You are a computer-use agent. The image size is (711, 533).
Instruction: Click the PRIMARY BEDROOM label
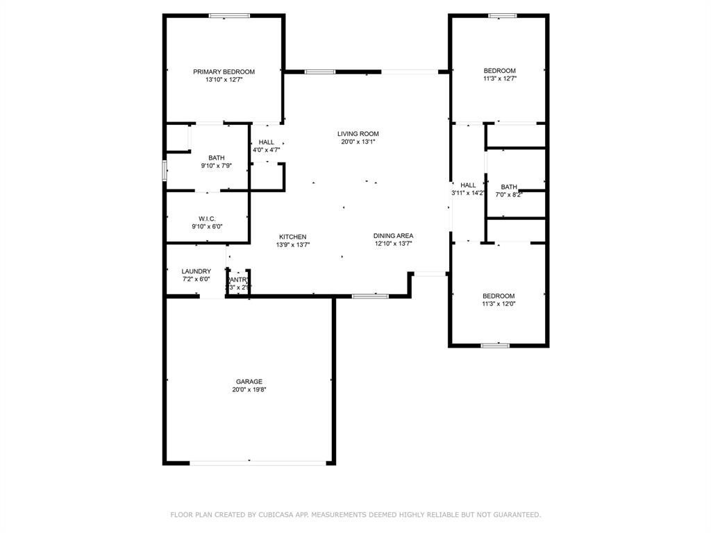click(224, 71)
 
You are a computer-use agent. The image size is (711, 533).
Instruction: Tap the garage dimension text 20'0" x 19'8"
click(249, 390)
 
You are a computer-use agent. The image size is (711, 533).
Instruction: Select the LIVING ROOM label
click(358, 134)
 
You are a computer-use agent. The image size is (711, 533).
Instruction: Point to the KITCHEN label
click(292, 237)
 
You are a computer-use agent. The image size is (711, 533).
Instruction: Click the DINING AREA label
click(394, 236)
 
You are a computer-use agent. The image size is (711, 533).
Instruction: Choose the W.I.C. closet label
click(207, 219)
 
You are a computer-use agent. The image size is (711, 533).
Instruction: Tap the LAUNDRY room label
click(196, 271)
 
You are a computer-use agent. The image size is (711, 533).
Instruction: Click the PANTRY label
click(238, 279)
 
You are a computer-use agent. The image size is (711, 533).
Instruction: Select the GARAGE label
click(249, 382)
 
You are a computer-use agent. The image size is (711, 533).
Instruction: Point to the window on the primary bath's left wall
click(165, 171)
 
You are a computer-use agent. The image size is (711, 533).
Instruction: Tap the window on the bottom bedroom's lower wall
click(495, 345)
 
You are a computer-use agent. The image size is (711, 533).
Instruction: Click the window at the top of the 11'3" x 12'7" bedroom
click(502, 15)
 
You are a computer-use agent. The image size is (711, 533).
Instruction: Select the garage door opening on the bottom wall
click(258, 462)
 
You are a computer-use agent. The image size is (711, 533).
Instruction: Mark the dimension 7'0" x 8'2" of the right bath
click(509, 195)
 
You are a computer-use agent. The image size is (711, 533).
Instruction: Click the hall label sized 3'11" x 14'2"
click(468, 185)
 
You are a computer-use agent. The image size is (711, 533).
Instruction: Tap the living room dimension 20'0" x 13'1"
click(358, 142)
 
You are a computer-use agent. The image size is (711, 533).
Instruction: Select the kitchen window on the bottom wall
click(370, 296)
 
